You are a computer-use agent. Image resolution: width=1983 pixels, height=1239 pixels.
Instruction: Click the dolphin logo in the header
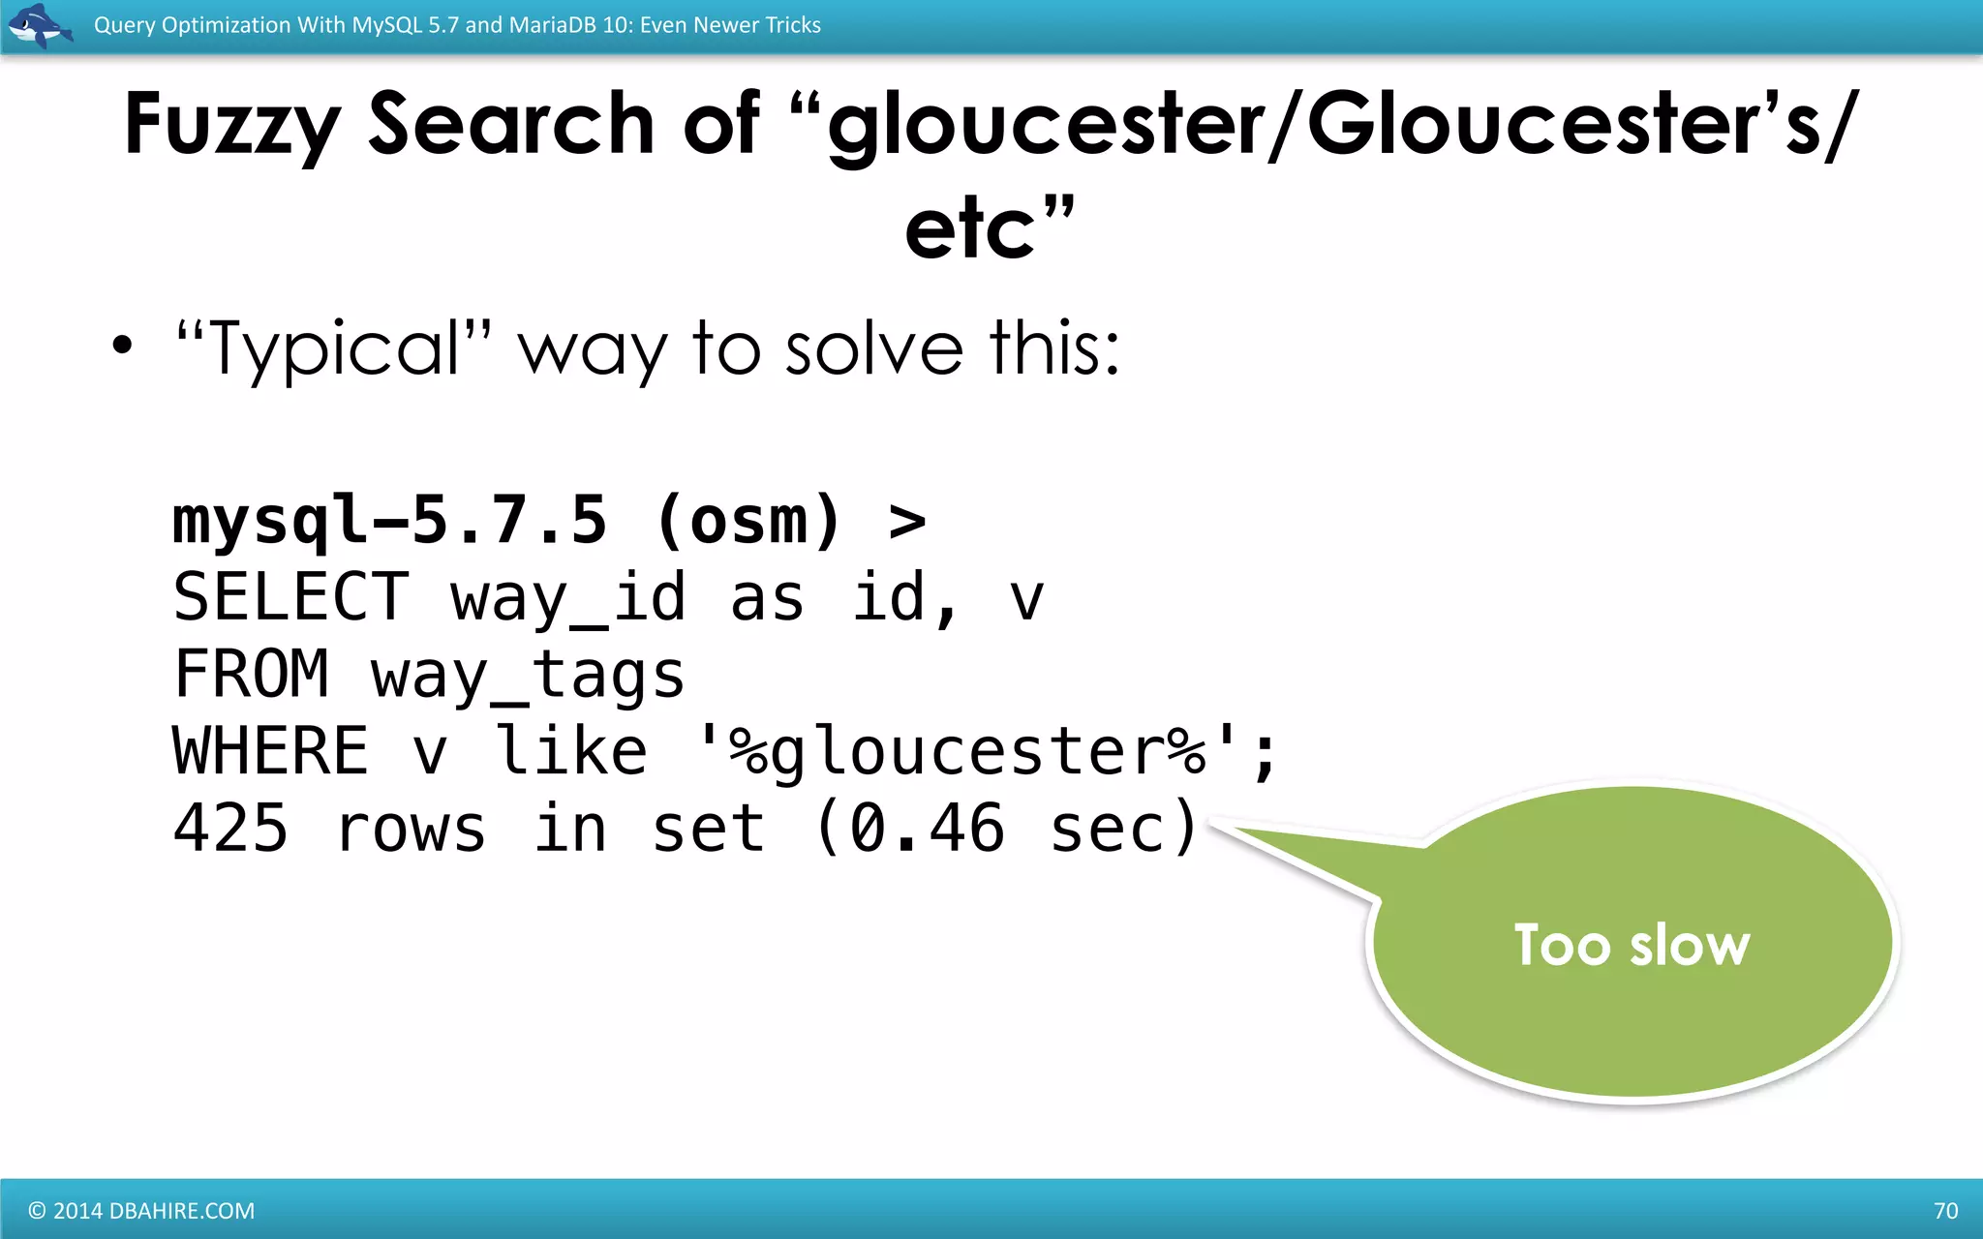pyautogui.click(x=40, y=25)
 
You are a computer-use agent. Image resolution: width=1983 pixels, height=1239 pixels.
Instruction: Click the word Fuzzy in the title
pyautogui.click(x=231, y=126)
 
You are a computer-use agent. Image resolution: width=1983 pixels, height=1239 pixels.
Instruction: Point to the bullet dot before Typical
pyautogui.click(x=122, y=346)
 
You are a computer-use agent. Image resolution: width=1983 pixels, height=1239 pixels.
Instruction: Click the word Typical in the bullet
pyautogui.click(x=334, y=348)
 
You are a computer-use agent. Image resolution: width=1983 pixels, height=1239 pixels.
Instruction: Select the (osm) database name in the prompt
pyautogui.click(x=747, y=521)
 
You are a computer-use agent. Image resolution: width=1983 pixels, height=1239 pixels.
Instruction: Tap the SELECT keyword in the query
pyautogui.click(x=291, y=597)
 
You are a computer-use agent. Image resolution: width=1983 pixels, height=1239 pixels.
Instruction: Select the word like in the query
pyautogui.click(x=571, y=751)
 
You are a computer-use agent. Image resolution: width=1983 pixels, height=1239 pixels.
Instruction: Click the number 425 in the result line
pyautogui.click(x=230, y=829)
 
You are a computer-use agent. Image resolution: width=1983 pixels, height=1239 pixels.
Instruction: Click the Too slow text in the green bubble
pyautogui.click(x=1632, y=945)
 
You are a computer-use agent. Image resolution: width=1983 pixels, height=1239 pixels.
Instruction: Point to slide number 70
pyautogui.click(x=1945, y=1211)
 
